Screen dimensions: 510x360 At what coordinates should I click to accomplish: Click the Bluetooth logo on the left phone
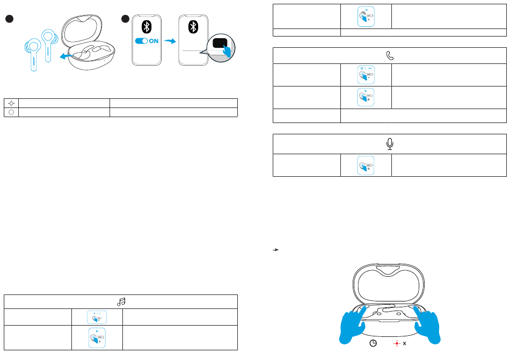pyautogui.click(x=146, y=26)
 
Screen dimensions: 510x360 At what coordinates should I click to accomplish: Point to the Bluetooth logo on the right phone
pyautogui.click(x=192, y=27)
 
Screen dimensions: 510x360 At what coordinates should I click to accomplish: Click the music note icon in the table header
pyautogui.click(x=121, y=302)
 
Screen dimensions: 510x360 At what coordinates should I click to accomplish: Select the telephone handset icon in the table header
pyautogui.click(x=390, y=55)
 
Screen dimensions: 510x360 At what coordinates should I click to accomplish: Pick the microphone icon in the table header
pyautogui.click(x=390, y=144)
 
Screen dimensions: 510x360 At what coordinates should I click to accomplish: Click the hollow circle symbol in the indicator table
pyautogui.click(x=11, y=112)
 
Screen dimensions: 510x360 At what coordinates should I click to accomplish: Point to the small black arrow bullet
pyautogui.click(x=275, y=250)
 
